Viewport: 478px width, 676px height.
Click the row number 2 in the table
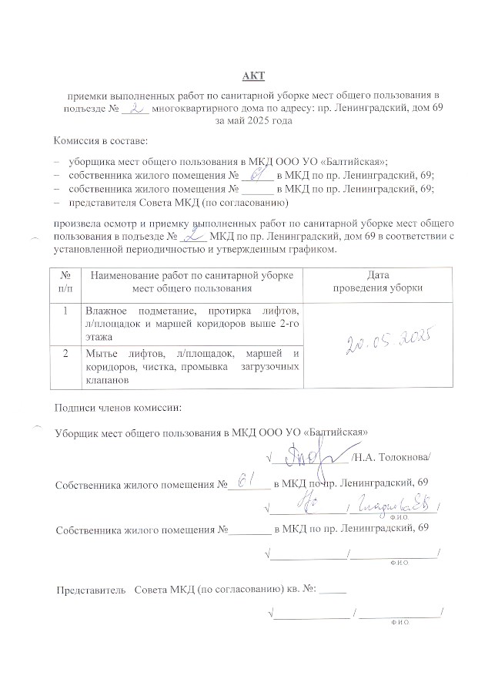tap(65, 352)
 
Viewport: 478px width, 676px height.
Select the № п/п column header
tap(65, 281)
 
